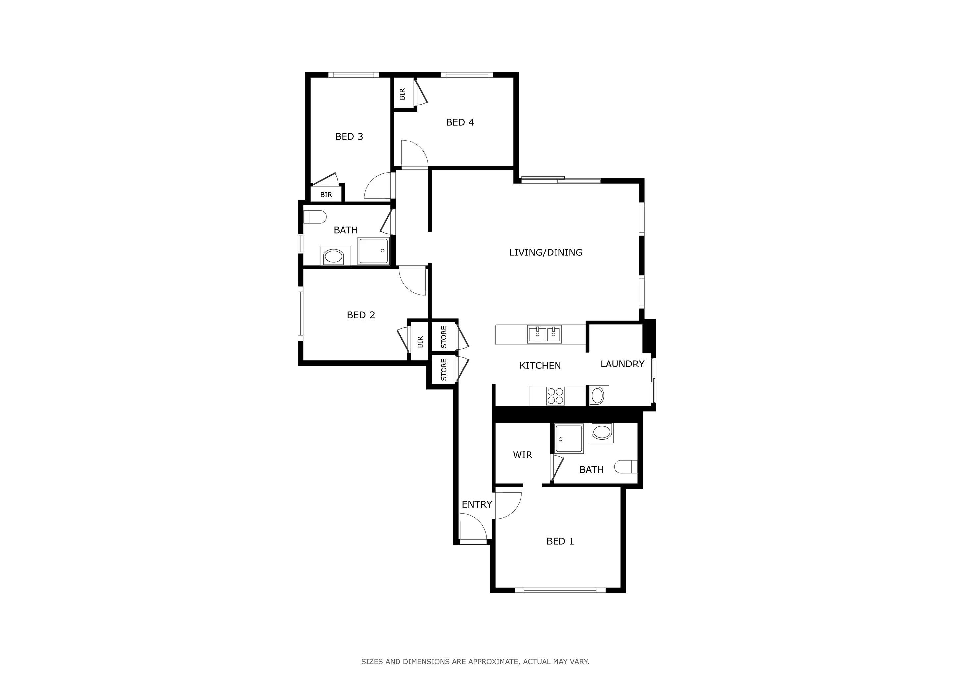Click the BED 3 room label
(x=349, y=136)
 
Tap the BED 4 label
(x=460, y=122)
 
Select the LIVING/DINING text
(x=546, y=252)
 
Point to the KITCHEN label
(x=540, y=366)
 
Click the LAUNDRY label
(x=622, y=364)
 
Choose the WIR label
(x=522, y=455)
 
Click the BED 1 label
(x=560, y=541)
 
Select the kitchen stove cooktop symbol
(x=555, y=396)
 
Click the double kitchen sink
(x=544, y=334)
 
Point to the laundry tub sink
(x=597, y=396)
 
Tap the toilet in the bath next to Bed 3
(x=315, y=217)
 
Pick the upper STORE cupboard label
(x=443, y=337)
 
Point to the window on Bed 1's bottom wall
(x=560, y=590)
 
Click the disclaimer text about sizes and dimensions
(x=475, y=661)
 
